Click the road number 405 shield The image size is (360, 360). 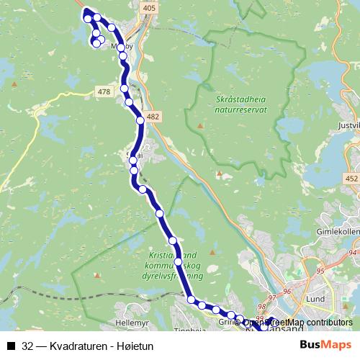[x=149, y=8]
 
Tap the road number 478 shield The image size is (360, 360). [x=104, y=91]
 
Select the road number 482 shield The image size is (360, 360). [x=152, y=116]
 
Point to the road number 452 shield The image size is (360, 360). [x=351, y=179]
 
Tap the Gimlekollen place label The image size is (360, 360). [x=337, y=233]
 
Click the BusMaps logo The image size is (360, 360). [x=325, y=346]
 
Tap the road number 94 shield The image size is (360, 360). [x=352, y=253]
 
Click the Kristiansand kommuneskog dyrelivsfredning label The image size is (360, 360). [x=174, y=266]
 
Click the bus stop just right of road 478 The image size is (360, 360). [x=125, y=89]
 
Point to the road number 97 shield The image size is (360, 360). [x=271, y=298]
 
